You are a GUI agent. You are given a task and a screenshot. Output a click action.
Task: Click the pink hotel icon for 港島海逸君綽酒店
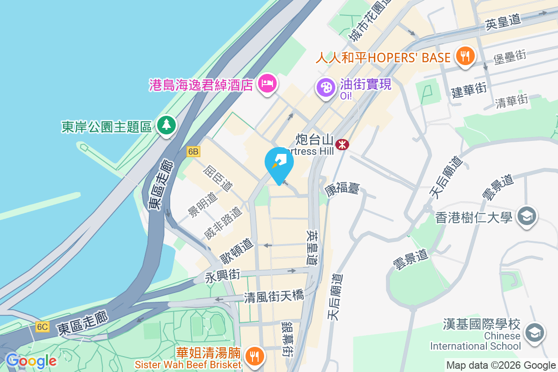click(x=267, y=84)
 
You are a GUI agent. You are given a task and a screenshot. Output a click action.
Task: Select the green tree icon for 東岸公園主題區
click(x=166, y=125)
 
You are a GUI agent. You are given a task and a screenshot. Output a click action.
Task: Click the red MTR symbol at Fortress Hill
click(x=342, y=144)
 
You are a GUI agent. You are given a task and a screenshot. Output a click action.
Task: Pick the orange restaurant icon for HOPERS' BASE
click(x=465, y=56)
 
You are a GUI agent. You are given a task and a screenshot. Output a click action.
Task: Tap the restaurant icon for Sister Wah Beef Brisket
click(x=254, y=357)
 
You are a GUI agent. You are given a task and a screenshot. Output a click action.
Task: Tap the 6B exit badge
click(x=193, y=152)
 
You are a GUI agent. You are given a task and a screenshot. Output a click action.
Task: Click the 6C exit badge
click(x=42, y=327)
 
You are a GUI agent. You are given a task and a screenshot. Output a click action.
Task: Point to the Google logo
click(x=31, y=361)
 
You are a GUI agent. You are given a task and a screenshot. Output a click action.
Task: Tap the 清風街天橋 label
click(x=274, y=295)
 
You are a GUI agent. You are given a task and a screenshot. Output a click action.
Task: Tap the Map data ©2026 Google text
click(x=501, y=365)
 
